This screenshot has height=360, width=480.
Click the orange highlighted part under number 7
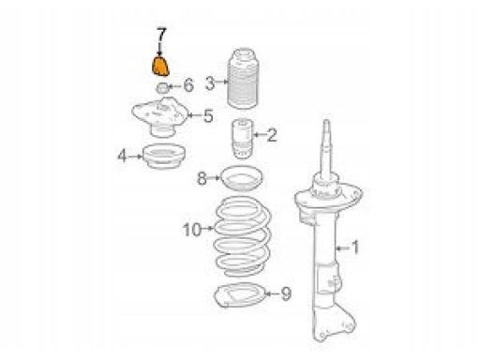pos(160,67)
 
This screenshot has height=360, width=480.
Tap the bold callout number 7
pos(161,36)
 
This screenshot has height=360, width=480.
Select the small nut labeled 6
pos(162,88)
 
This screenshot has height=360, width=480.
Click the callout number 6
pos(188,85)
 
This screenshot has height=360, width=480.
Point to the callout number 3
pos(210,83)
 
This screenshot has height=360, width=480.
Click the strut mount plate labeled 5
pos(160,116)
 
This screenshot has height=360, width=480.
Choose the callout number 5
pos(209,115)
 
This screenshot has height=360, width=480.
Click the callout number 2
pos(271,135)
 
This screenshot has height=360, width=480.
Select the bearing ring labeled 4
pos(164,156)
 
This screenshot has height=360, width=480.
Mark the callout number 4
pos(122,156)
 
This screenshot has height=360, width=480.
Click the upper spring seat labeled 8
pos(242,178)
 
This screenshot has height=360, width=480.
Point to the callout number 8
pos(202,179)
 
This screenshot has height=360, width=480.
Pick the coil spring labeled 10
pos(243,236)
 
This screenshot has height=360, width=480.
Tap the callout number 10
pos(192,230)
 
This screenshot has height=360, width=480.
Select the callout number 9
pos(286,293)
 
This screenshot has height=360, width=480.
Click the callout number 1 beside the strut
pos(355,247)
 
